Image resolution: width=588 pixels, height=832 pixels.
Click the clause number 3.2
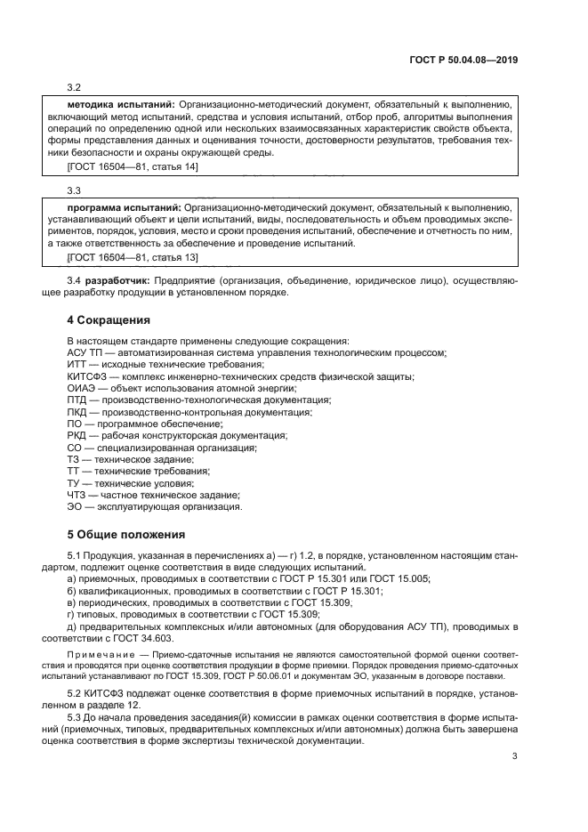point(74,87)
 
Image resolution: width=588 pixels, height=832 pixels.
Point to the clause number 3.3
point(74,190)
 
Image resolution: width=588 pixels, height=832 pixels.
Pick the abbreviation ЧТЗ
point(77,494)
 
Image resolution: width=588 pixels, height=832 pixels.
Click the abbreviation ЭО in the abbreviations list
point(75,506)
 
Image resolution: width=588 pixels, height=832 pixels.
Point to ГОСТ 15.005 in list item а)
point(399,578)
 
